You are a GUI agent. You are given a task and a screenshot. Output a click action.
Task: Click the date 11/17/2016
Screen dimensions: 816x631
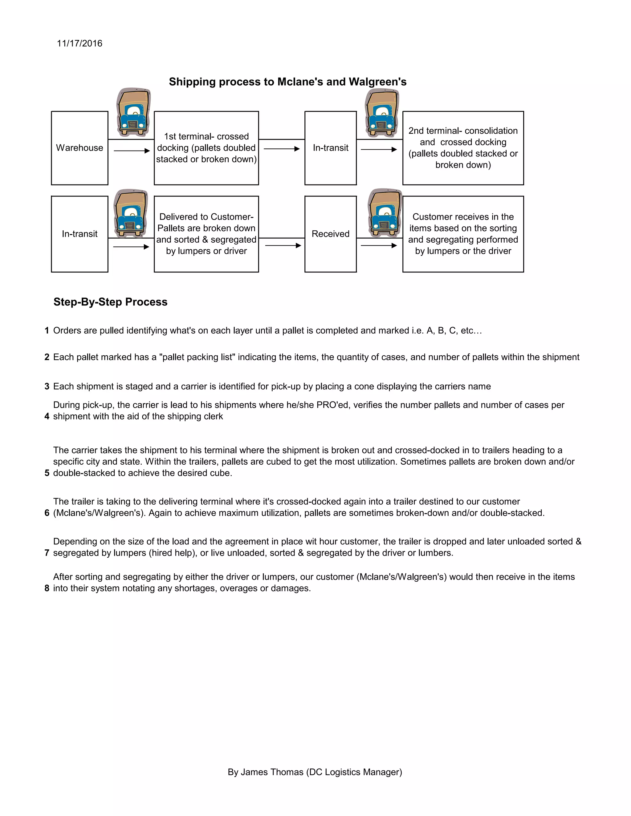pos(79,43)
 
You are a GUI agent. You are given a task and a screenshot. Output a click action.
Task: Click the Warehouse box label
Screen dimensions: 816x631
pos(79,147)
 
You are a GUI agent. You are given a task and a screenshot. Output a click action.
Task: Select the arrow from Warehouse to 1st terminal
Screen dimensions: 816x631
pos(132,151)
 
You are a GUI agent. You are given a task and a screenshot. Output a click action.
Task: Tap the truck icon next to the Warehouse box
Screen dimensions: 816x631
pos(133,112)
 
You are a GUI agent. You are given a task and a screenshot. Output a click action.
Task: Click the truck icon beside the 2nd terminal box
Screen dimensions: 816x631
pos(382,113)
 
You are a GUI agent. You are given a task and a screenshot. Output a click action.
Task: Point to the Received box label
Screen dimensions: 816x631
pos(331,234)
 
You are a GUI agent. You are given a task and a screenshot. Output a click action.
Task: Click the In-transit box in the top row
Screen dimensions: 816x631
pos(331,147)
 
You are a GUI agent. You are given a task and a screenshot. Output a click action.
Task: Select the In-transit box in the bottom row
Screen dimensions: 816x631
pos(79,234)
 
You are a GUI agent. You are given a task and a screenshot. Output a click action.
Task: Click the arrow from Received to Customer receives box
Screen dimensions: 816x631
pos(379,245)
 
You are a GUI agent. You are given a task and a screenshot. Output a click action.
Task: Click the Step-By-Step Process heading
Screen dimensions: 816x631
pos(110,302)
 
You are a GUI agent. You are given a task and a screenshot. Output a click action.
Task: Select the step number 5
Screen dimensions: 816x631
pos(47,473)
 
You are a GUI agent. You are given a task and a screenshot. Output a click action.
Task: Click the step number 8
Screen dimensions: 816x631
pos(47,588)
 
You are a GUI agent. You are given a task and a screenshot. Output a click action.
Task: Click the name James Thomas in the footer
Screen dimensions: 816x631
pos(272,772)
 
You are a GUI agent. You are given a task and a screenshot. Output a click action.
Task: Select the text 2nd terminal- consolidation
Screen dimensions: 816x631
pos(463,131)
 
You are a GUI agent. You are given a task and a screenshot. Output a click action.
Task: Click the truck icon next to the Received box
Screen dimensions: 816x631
pos(385,213)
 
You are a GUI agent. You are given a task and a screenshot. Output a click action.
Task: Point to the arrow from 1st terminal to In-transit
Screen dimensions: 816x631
pos(282,149)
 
